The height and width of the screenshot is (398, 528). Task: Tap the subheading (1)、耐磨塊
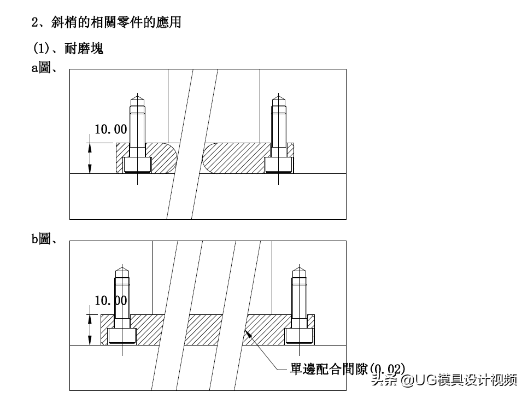[x=68, y=49]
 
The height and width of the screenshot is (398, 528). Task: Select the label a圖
[x=45, y=69]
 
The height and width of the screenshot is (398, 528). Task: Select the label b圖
[x=45, y=239]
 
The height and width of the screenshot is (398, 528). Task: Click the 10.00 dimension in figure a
[x=111, y=130]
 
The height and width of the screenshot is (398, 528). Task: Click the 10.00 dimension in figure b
[x=111, y=300]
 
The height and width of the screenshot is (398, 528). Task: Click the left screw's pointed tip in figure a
[x=137, y=101]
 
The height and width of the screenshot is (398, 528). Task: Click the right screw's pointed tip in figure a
[x=279, y=101]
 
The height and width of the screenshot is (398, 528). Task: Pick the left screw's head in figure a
[x=137, y=165]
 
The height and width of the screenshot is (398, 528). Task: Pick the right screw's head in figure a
[x=279, y=165]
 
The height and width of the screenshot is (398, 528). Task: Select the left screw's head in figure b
[x=122, y=336]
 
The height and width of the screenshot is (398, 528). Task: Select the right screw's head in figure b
[x=299, y=336]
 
